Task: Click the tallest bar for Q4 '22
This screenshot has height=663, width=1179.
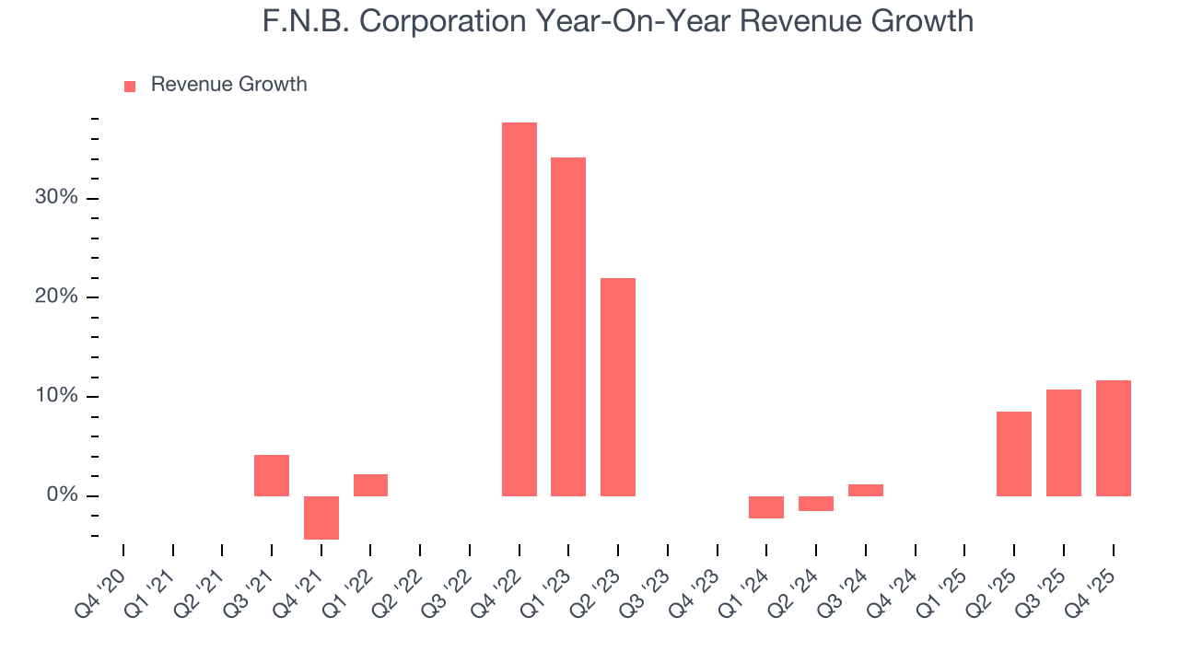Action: point(519,309)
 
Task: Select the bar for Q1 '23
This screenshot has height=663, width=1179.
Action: point(568,327)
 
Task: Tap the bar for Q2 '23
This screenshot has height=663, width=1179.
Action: point(618,387)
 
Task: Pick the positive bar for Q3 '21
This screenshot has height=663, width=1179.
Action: point(272,475)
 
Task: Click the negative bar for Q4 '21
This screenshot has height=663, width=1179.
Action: point(321,518)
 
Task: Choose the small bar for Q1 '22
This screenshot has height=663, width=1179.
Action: point(370,485)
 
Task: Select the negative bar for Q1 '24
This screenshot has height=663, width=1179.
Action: point(766,507)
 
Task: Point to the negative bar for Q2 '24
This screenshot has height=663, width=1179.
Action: point(816,504)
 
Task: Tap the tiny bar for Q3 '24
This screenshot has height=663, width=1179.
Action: point(866,490)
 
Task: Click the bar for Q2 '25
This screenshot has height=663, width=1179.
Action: point(1014,454)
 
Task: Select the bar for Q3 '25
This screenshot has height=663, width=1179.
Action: point(1064,443)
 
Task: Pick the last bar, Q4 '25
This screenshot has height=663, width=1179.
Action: point(1113,438)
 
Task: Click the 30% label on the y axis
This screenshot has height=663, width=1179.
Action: point(55,198)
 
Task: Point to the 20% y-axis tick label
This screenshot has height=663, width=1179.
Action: point(55,297)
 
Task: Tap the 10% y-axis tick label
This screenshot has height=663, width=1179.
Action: point(55,397)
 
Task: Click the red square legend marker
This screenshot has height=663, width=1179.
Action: point(130,86)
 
